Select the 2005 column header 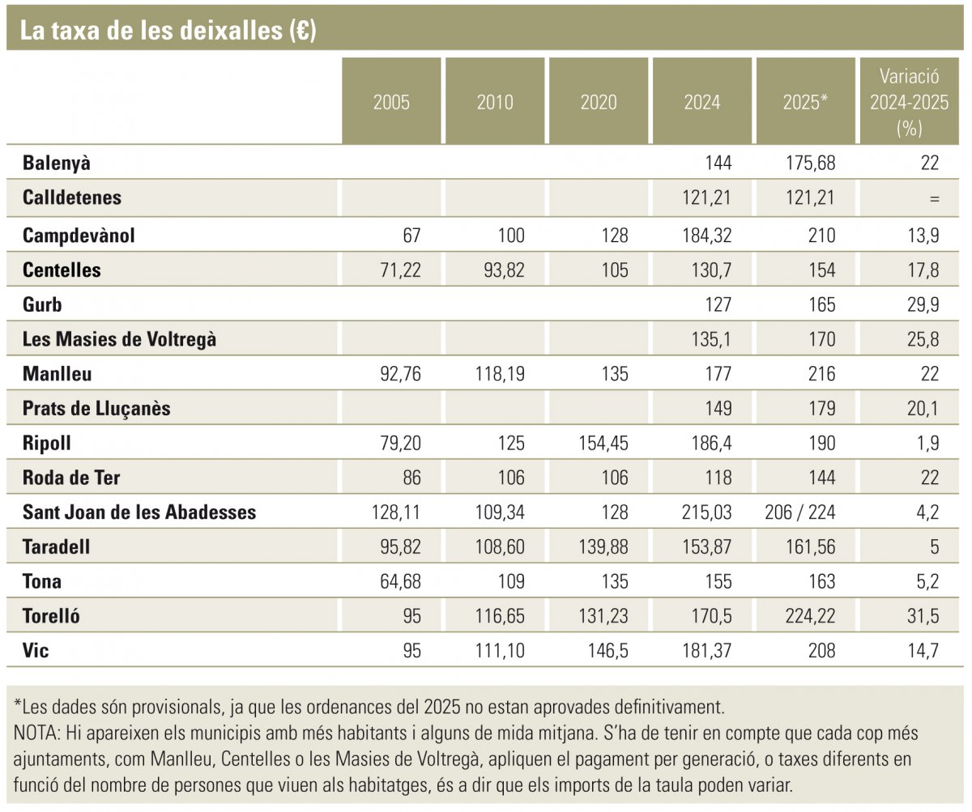(x=391, y=103)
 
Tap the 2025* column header (x=805, y=103)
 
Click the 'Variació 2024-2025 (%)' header (x=909, y=103)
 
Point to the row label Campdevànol (x=79, y=236)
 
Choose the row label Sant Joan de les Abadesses (x=139, y=512)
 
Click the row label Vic (x=36, y=650)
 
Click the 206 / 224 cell (x=799, y=512)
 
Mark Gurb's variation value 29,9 (x=923, y=305)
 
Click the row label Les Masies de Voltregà (x=119, y=340)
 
